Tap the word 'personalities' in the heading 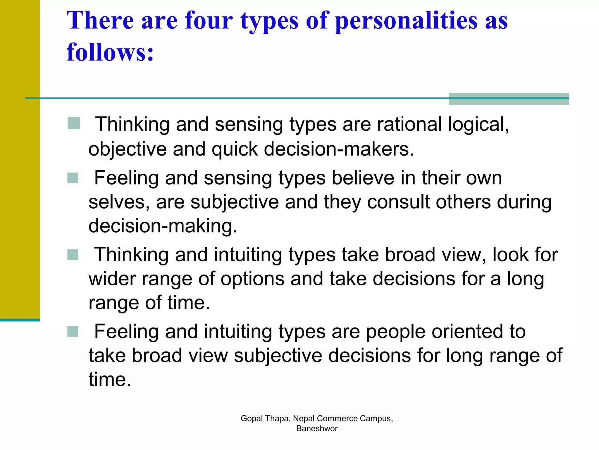406,21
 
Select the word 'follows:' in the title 110,52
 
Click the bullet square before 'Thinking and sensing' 74,123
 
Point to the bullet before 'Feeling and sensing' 73,178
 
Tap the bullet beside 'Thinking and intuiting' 73,255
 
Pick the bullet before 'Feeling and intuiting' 73,332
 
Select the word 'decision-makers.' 339,149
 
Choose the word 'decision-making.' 163,226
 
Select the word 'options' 252,279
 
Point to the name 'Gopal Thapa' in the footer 265,418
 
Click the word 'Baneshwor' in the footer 317,428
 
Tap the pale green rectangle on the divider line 509,99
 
